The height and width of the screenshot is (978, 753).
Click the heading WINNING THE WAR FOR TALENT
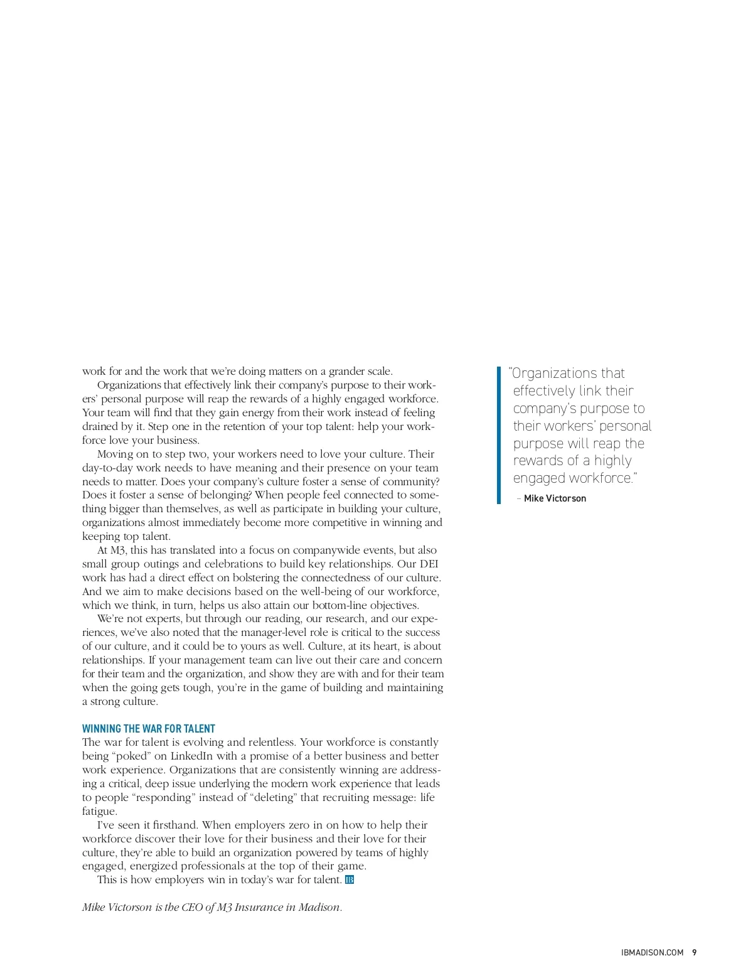click(149, 729)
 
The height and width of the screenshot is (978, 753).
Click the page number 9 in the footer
click(694, 952)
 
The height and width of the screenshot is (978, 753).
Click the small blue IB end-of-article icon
click(350, 879)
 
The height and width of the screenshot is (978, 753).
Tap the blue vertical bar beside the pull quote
click(499, 435)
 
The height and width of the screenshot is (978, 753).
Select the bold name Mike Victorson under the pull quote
click(555, 498)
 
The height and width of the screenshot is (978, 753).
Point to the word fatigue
click(99, 811)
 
